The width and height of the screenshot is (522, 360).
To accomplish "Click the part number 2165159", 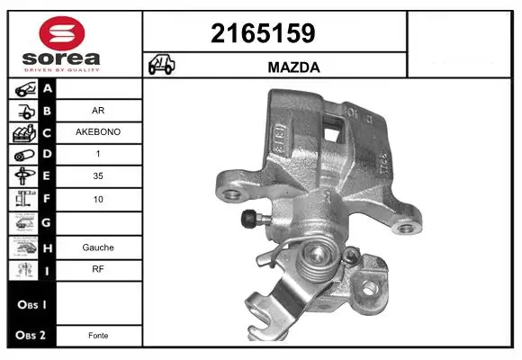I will (x=262, y=34).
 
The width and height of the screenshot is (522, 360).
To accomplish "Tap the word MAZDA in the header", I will (x=293, y=67).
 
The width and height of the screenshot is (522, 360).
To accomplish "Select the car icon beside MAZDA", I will (x=162, y=66).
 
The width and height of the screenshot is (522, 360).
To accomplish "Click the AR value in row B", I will (x=98, y=111).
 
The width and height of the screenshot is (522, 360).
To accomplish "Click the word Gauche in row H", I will (x=98, y=246).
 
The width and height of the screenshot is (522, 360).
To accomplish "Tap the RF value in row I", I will (x=98, y=268).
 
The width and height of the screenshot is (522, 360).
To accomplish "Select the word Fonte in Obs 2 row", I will (x=98, y=335).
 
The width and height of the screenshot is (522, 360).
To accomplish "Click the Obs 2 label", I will (x=29, y=335).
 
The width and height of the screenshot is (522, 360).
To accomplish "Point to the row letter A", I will (x=47, y=88).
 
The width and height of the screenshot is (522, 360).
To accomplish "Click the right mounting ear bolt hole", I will (x=410, y=224).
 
